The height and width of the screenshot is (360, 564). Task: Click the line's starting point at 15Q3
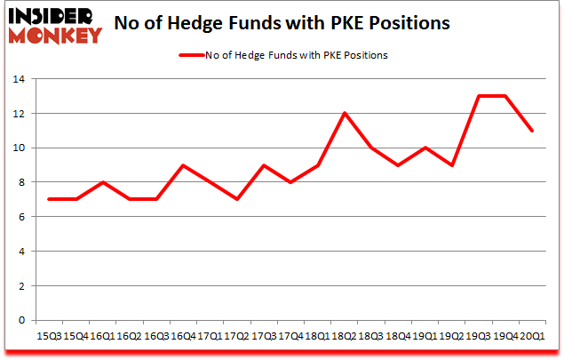tap(49, 199)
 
